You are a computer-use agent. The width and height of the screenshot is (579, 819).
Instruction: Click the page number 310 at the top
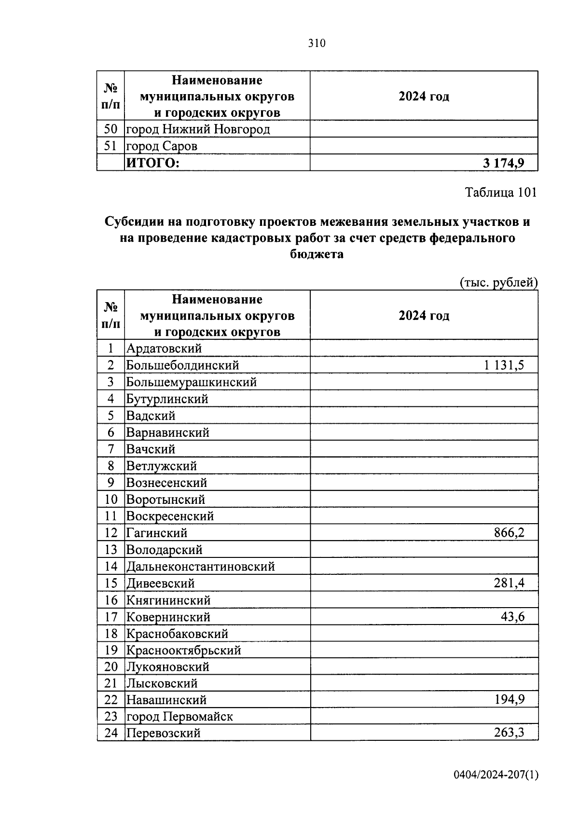[317, 43]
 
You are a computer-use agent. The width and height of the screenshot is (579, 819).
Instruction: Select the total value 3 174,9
[503, 163]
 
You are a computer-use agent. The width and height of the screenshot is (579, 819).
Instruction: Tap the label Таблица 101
[500, 193]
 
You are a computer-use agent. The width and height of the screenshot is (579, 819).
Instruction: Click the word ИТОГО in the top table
[152, 163]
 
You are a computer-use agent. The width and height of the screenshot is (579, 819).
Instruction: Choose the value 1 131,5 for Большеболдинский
[504, 365]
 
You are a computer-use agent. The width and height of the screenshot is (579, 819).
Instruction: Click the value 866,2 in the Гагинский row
[509, 533]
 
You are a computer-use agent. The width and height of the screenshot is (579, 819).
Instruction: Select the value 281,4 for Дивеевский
[509, 583]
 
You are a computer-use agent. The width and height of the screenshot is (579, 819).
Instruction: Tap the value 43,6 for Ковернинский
[512, 617]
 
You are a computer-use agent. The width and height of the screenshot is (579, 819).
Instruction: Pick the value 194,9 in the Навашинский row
[509, 699]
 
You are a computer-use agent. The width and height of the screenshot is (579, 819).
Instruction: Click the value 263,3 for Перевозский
[509, 733]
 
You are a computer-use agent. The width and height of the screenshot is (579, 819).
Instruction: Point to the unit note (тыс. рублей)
[498, 282]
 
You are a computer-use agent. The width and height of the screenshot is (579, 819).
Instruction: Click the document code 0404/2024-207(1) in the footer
[496, 775]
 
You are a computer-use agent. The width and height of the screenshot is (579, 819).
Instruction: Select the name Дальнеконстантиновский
[200, 567]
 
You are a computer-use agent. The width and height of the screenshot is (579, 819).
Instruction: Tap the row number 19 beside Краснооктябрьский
[111, 650]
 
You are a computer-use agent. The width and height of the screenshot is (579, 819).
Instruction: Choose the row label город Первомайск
[179, 716]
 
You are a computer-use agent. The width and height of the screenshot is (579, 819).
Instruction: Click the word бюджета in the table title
[317, 254]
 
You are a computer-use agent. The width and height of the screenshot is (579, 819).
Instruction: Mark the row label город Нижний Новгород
[198, 129]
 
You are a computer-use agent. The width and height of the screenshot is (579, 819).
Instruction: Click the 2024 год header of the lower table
[424, 316]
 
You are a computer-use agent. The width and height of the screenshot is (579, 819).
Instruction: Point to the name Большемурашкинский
[192, 382]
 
